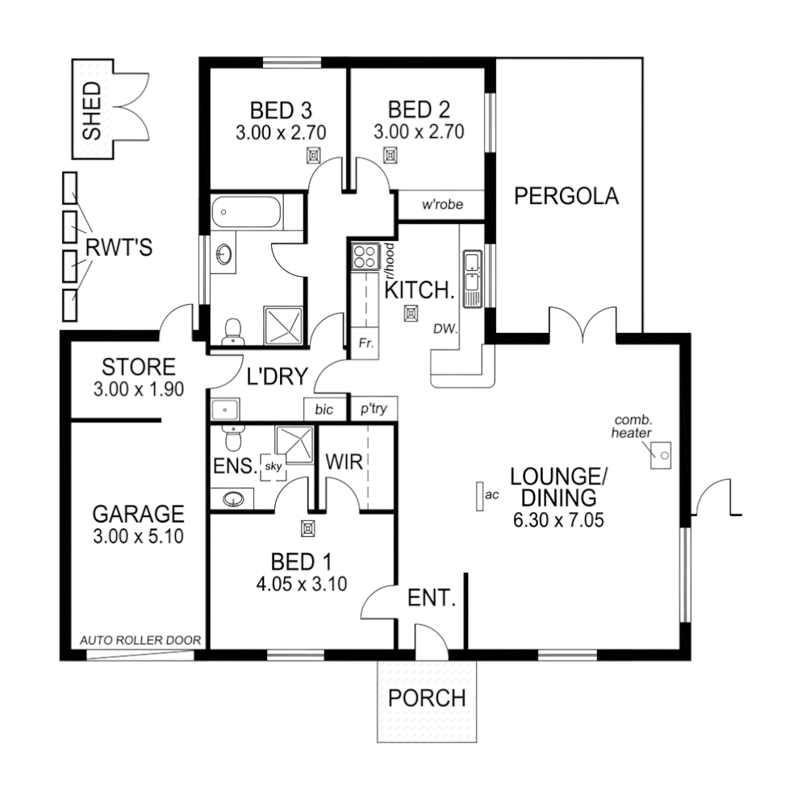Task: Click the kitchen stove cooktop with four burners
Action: (x=365, y=256)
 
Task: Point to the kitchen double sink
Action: (x=471, y=278)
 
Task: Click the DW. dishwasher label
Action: (x=445, y=329)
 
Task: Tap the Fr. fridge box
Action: (x=365, y=343)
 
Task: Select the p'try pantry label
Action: (x=374, y=410)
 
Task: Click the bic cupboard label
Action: (x=324, y=410)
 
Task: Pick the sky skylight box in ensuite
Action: (x=273, y=467)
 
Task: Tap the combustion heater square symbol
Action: (x=662, y=456)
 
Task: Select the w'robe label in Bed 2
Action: (x=442, y=205)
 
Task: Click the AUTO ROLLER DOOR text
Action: (x=140, y=640)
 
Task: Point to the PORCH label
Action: (x=427, y=698)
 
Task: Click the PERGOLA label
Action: (x=566, y=196)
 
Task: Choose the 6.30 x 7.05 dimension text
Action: (x=558, y=521)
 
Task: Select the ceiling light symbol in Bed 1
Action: (x=307, y=529)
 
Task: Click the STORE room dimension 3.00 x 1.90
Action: (x=140, y=388)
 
